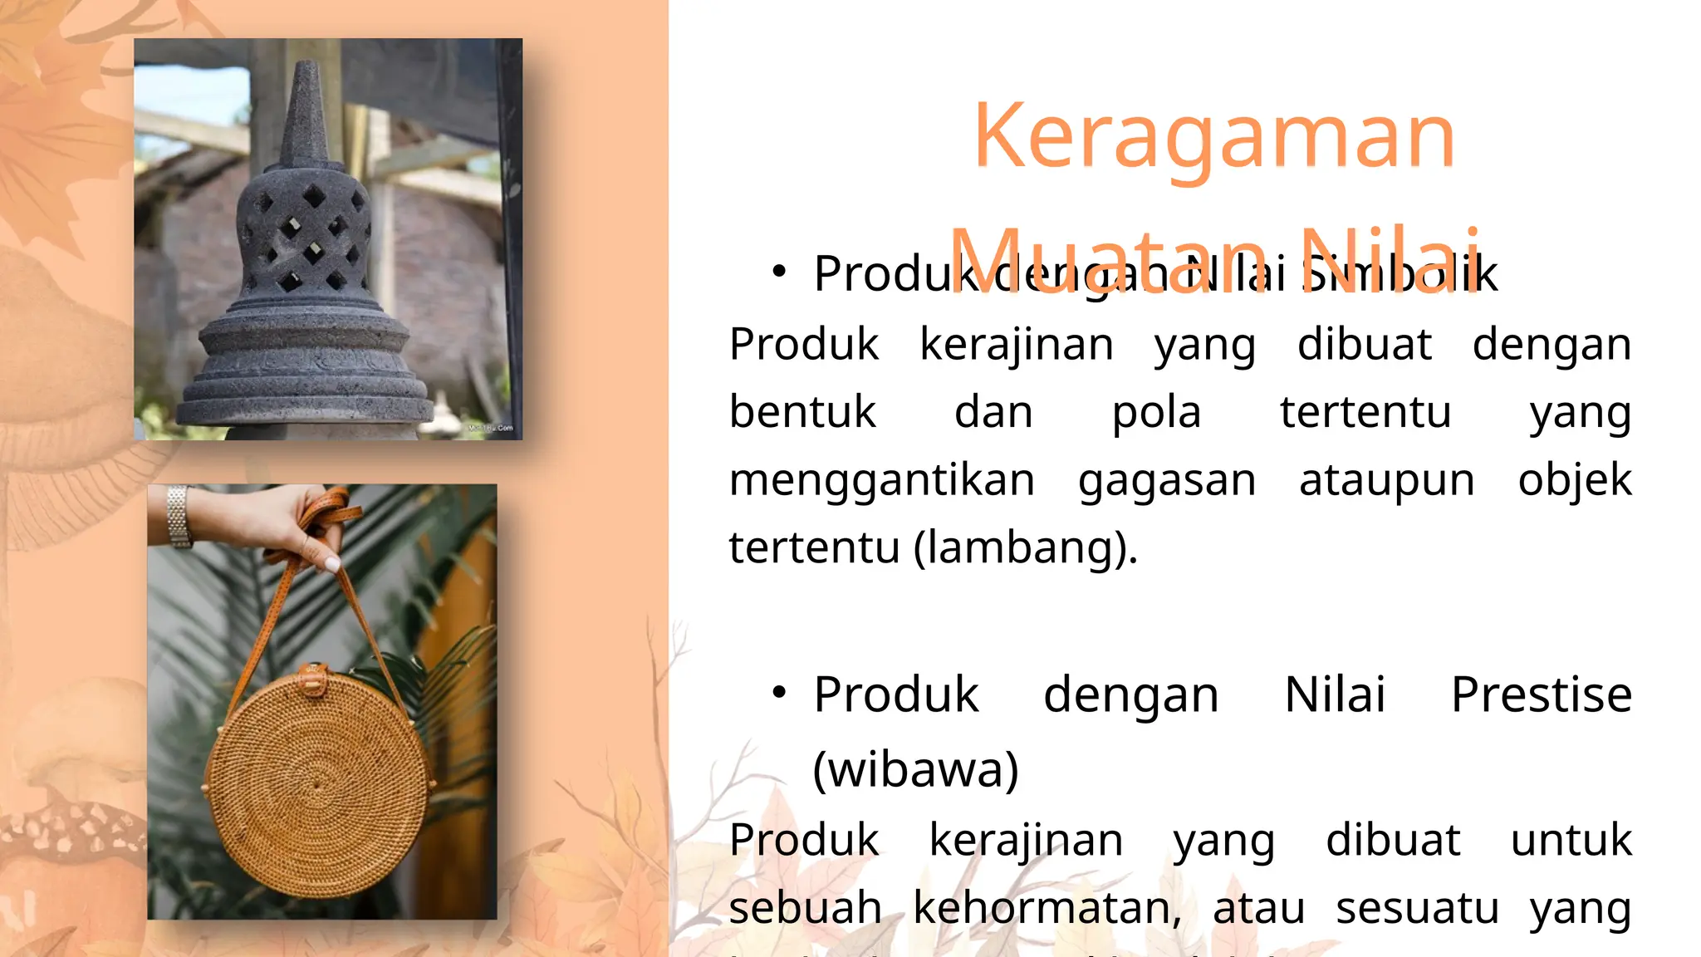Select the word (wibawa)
click(x=915, y=769)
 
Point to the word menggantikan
click(x=881, y=481)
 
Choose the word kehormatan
click(x=1047, y=907)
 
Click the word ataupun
click(x=1386, y=481)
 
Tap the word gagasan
click(x=1166, y=481)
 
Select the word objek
click(x=1574, y=481)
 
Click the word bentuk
click(x=802, y=412)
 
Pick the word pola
click(x=1156, y=412)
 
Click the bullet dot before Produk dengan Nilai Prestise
click(x=778, y=692)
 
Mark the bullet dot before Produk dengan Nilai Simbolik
click(x=778, y=271)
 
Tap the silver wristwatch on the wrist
click(x=178, y=516)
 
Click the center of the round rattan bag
click(x=316, y=784)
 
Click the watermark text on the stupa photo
click(x=492, y=428)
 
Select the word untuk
click(x=1571, y=840)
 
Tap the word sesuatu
click(x=1417, y=907)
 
